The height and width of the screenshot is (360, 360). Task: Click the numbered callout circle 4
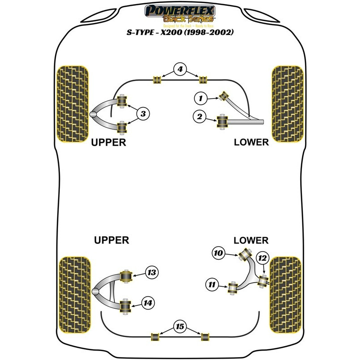coord(180,69)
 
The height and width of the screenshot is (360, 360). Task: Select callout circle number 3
coord(143,114)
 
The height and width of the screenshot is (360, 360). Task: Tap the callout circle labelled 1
coord(201,97)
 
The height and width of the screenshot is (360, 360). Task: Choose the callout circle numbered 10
coord(218,254)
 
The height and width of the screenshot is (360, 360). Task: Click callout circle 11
coord(212,283)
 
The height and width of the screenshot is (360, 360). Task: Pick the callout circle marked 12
coord(262,257)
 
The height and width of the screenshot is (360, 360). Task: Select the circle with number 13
coord(151,272)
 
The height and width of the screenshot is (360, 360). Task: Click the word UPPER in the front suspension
coord(108,142)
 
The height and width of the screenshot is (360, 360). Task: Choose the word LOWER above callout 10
coord(251,240)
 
